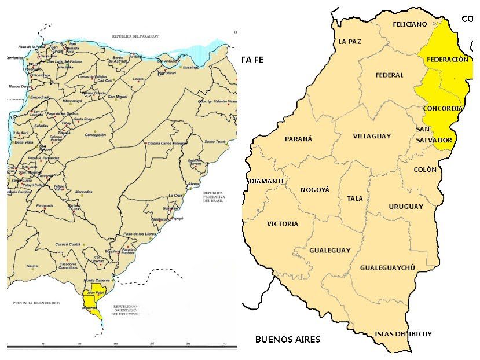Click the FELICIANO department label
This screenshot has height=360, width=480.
409,24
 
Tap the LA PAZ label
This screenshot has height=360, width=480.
350,42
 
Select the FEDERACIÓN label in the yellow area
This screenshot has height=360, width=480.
446,60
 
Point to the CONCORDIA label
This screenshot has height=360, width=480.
443,108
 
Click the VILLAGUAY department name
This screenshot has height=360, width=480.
372,137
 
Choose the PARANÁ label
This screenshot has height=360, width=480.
299,139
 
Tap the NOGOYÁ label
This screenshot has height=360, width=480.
314,190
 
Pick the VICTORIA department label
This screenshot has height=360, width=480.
283,224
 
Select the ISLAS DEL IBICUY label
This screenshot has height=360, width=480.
403,334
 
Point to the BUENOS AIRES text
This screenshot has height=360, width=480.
288,339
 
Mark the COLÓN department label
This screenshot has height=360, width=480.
425,170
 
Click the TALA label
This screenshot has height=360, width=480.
355,199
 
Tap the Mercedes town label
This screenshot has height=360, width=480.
76,192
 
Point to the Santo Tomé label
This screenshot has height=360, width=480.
214,142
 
